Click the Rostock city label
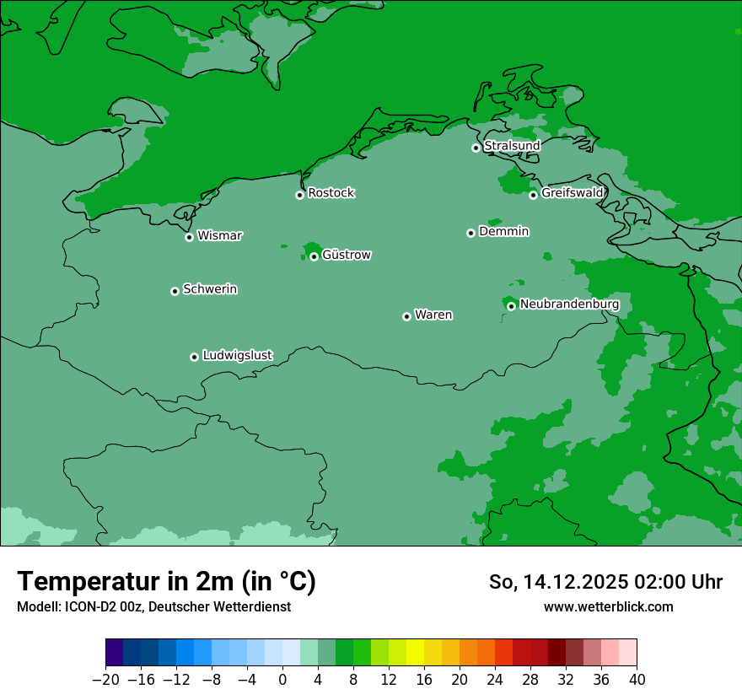(331, 193)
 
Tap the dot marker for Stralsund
(476, 148)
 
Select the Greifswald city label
(572, 193)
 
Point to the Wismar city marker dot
(189, 237)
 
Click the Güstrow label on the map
(346, 255)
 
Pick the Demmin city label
(503, 231)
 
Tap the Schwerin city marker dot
(175, 291)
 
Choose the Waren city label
(433, 315)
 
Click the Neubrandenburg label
(569, 304)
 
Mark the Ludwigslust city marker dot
(194, 357)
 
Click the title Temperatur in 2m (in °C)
(166, 582)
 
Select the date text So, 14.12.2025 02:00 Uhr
(605, 582)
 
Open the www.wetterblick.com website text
(608, 606)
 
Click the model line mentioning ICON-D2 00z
(153, 606)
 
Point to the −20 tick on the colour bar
(105, 680)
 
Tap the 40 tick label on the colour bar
(637, 680)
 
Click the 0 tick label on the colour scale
(282, 680)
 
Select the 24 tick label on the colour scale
(495, 680)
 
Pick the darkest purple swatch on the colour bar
(115, 653)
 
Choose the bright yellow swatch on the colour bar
(416, 653)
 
